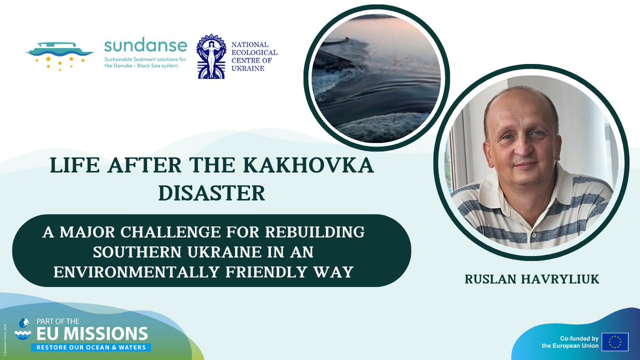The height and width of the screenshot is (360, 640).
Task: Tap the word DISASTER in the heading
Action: tap(212, 193)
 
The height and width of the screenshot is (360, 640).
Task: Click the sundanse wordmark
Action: tap(146, 45)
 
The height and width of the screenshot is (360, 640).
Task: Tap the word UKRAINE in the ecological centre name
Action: tap(249, 68)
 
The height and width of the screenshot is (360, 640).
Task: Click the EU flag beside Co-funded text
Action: tap(614, 342)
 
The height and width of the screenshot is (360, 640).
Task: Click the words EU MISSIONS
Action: tap(91, 334)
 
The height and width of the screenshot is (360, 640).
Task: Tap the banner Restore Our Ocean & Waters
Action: tap(91, 347)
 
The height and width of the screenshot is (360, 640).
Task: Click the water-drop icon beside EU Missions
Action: tap(23, 329)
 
